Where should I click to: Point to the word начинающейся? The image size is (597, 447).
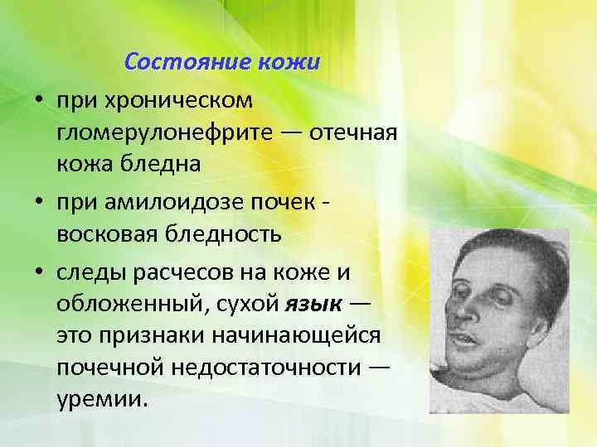click(284, 336)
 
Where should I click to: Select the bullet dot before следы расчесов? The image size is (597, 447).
click(38, 271)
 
